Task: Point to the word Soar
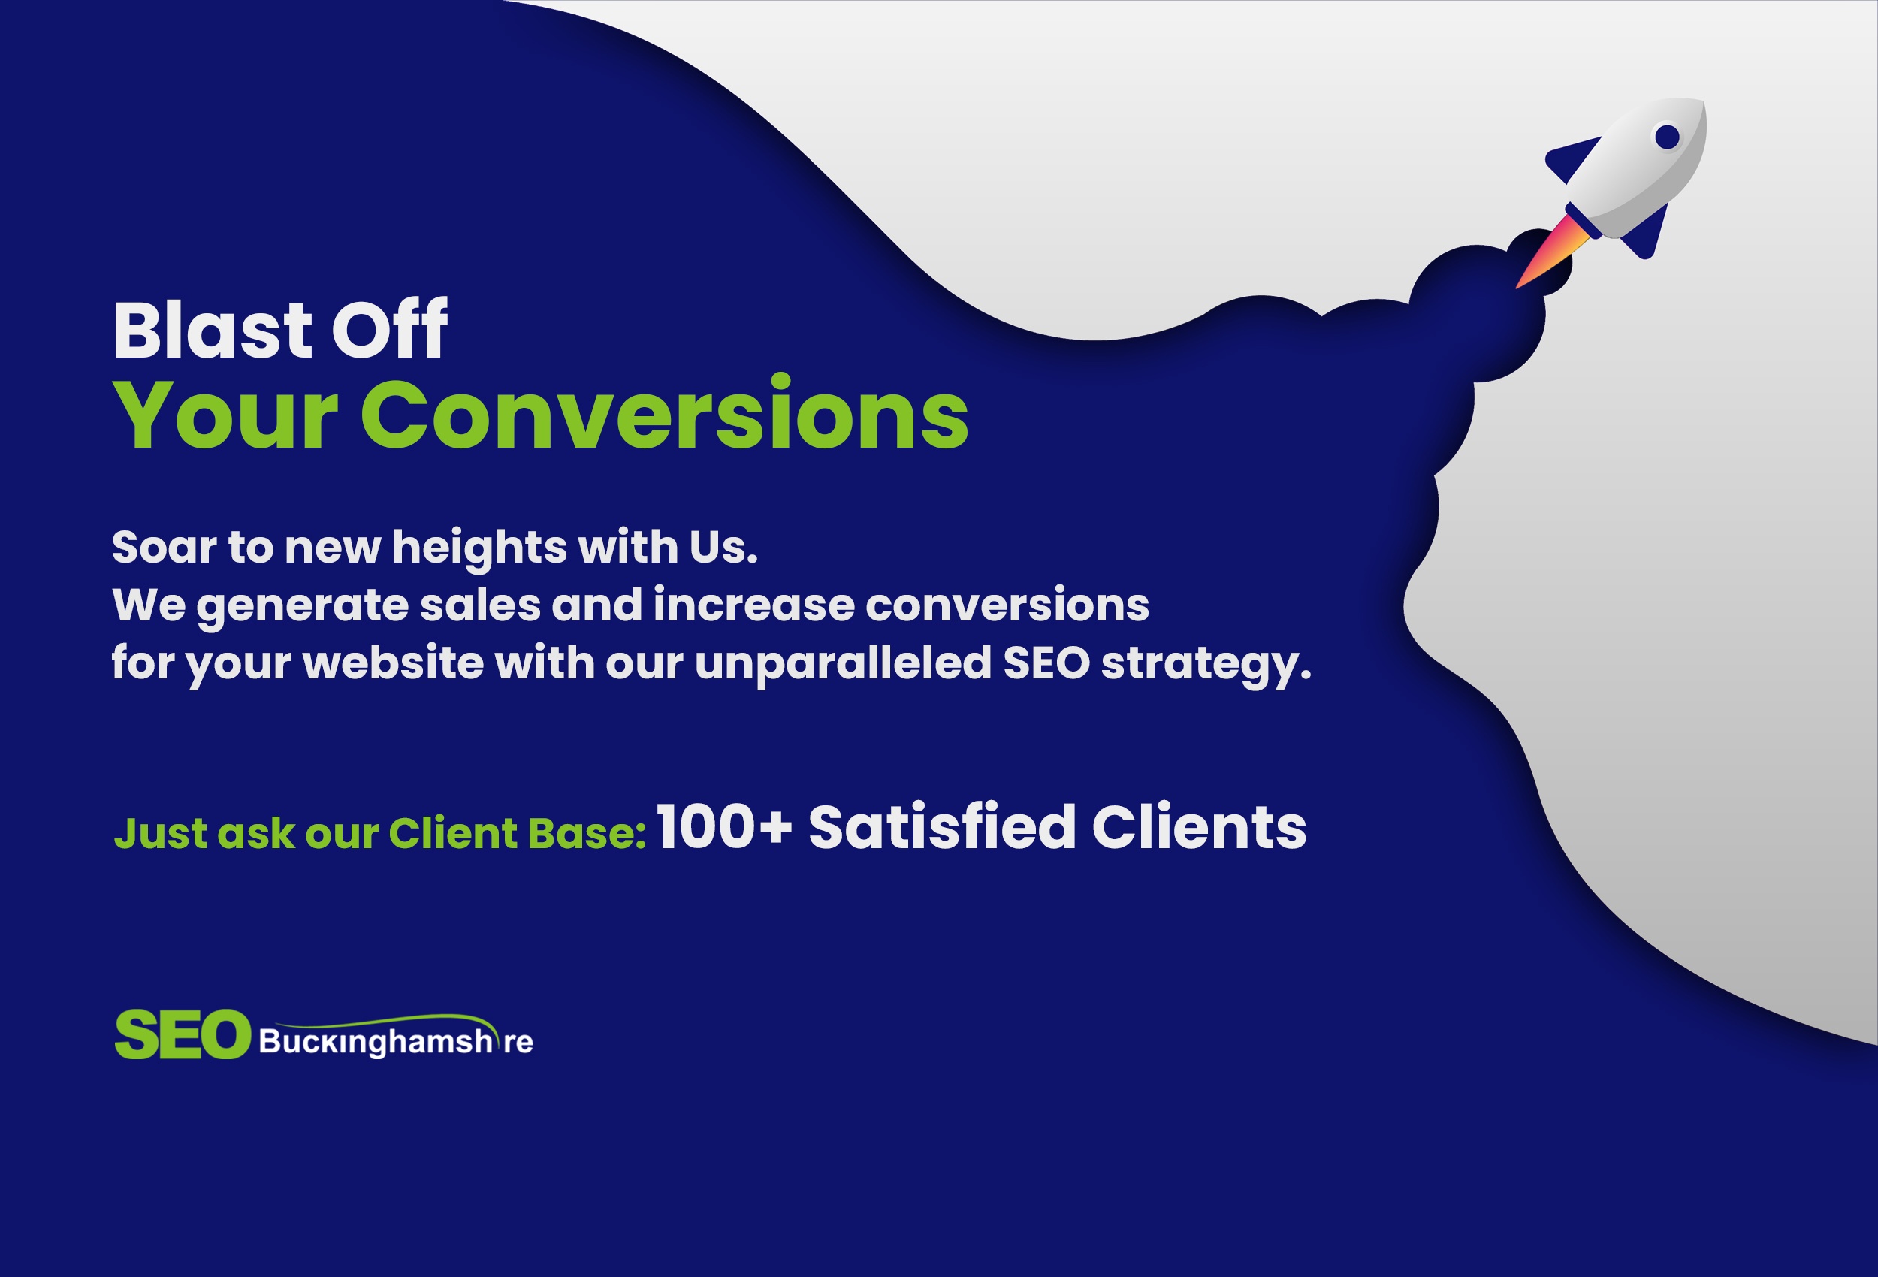click(164, 547)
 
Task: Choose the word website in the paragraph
click(393, 663)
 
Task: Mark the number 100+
click(724, 827)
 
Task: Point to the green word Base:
click(587, 833)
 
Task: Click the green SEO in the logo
click(183, 1034)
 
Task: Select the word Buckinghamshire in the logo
click(396, 1042)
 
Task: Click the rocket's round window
click(1667, 137)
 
